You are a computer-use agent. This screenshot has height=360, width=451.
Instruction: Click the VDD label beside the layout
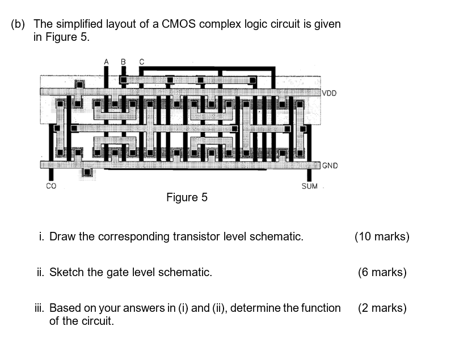pyautogui.click(x=330, y=93)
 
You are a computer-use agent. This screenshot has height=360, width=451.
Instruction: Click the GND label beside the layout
pyautogui.click(x=330, y=166)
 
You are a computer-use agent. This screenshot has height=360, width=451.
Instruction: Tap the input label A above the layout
pyautogui.click(x=106, y=61)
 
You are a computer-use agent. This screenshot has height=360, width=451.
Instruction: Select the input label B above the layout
pyautogui.click(x=123, y=61)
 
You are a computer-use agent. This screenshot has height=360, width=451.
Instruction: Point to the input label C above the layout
pyautogui.click(x=141, y=61)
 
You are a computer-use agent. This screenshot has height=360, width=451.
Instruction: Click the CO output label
pyautogui.click(x=51, y=186)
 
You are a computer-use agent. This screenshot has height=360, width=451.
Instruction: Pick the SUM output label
pyautogui.click(x=310, y=186)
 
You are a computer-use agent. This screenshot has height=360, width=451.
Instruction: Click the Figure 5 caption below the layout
pyautogui.click(x=187, y=197)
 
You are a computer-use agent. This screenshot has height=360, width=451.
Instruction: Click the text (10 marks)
pyautogui.click(x=381, y=236)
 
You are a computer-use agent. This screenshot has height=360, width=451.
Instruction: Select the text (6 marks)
pyautogui.click(x=382, y=272)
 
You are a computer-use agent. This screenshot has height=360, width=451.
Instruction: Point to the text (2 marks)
pyautogui.click(x=382, y=308)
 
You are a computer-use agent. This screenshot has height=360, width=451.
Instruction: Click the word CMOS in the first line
pyautogui.click(x=179, y=24)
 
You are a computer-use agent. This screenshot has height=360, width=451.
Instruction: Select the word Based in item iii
pyautogui.click(x=65, y=308)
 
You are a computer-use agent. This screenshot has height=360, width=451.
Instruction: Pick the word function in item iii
pyautogui.click(x=320, y=308)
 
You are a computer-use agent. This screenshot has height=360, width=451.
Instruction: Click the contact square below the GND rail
pyautogui.click(x=87, y=172)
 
